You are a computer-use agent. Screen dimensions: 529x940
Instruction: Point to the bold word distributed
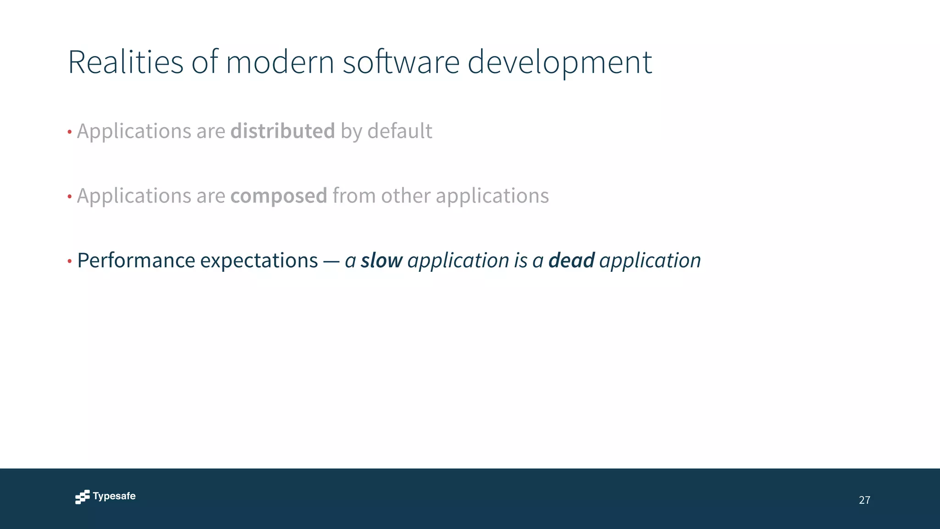[x=282, y=131]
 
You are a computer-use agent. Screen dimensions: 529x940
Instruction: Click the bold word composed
[x=279, y=196]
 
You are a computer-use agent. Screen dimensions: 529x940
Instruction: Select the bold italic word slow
[x=381, y=260]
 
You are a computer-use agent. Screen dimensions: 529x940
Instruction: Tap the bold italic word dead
[x=571, y=260]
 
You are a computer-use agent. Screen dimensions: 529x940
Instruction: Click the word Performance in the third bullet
[x=136, y=260]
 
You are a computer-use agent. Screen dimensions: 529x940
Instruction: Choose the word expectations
[x=259, y=260]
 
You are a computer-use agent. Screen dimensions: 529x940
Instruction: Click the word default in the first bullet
[x=399, y=131]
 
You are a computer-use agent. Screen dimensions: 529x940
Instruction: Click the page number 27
[x=864, y=500]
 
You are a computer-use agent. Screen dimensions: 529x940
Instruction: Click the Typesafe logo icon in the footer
[x=82, y=497]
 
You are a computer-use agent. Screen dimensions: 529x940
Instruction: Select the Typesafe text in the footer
[x=114, y=496]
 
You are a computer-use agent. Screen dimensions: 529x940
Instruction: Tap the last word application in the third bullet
[x=650, y=260]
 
